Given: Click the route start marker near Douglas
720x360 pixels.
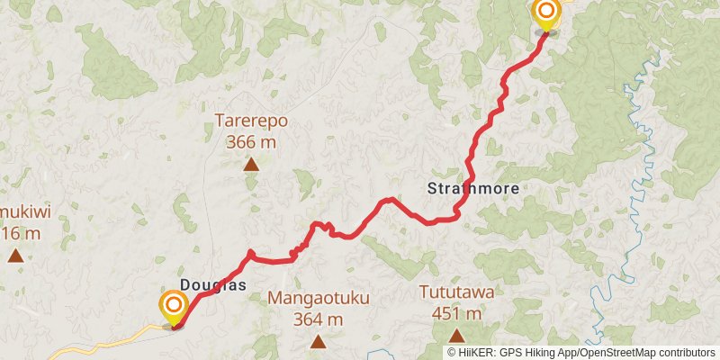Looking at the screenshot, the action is pyautogui.click(x=173, y=307).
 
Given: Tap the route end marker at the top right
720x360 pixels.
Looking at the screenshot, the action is pyautogui.click(x=546, y=13).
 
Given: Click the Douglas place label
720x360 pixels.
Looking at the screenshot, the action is pyautogui.click(x=212, y=284).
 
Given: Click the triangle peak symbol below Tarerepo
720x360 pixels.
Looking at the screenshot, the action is pyautogui.click(x=251, y=164).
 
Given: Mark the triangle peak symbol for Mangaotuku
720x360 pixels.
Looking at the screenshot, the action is pyautogui.click(x=318, y=341).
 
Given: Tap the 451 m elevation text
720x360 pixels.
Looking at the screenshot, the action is pyautogui.click(x=456, y=314).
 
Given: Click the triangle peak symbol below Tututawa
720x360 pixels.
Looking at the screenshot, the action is pyautogui.click(x=456, y=337).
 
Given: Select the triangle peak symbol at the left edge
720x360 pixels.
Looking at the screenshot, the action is pyautogui.click(x=15, y=256).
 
